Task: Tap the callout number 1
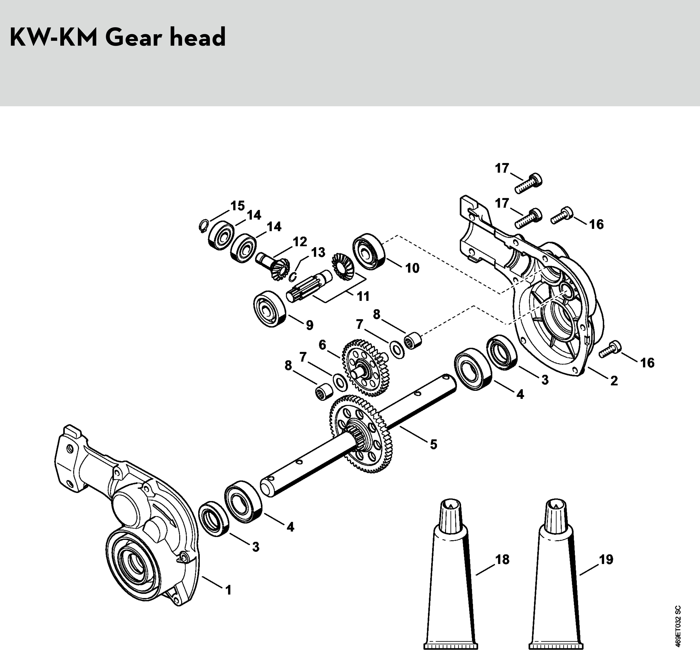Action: click(228, 590)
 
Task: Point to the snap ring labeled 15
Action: click(203, 226)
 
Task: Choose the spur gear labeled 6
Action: click(366, 368)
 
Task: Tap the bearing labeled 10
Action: click(369, 251)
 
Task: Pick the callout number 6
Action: click(322, 345)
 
